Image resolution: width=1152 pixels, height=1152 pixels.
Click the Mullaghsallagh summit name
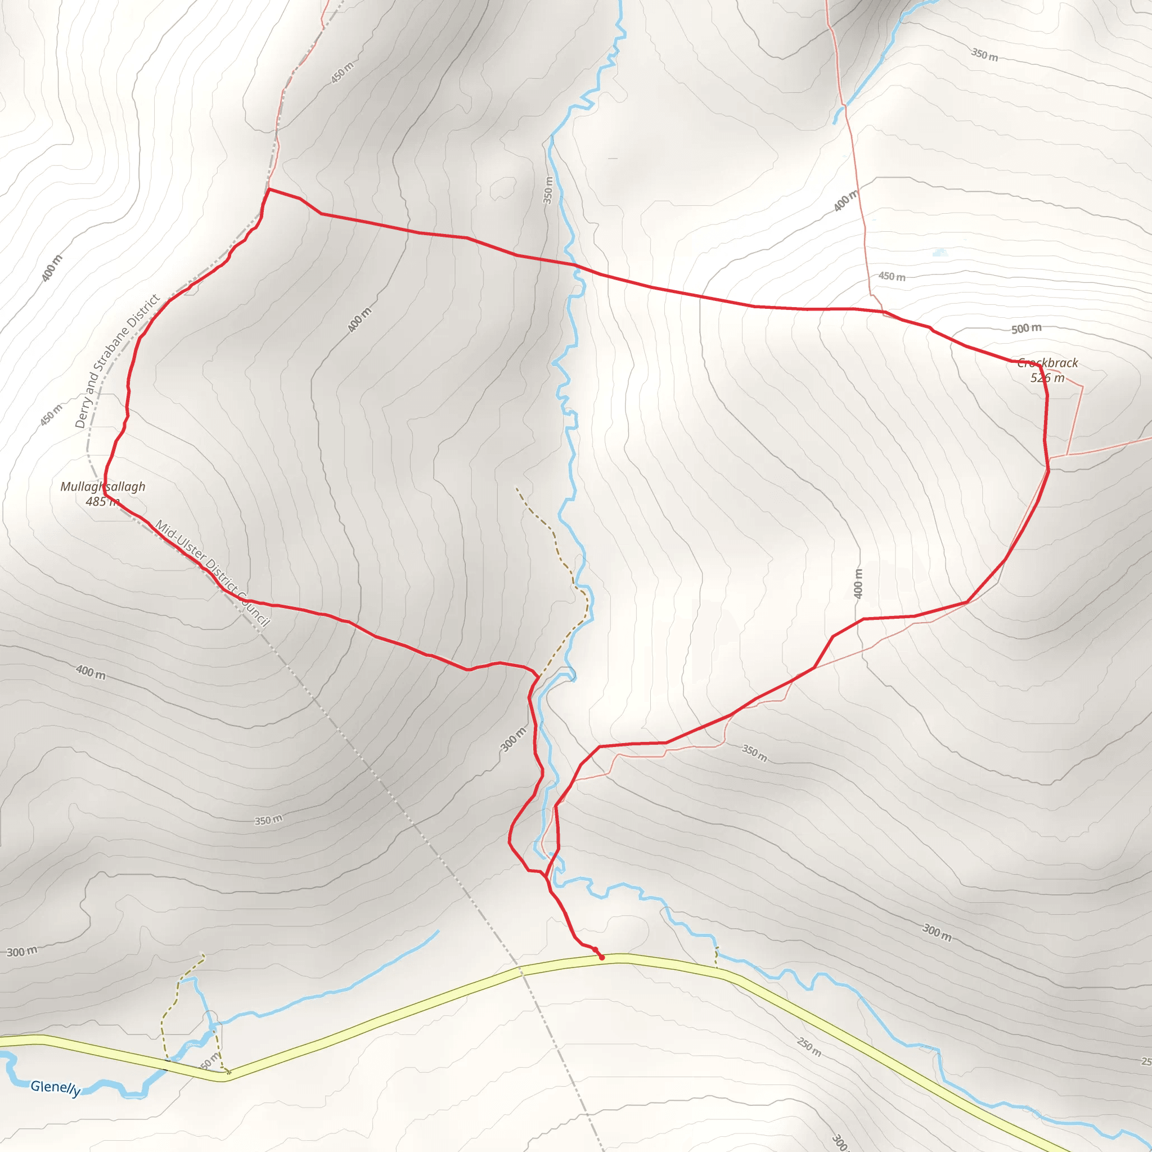point(102,487)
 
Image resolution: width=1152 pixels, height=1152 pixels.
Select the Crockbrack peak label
point(1047,363)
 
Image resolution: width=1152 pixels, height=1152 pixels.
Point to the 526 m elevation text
point(1047,377)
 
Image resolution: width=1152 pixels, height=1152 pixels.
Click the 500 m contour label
point(1026,328)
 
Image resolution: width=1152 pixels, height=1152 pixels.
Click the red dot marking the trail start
point(602,957)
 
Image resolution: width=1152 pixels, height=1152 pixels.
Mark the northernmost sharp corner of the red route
point(269,189)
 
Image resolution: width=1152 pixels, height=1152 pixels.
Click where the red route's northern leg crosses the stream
point(576,265)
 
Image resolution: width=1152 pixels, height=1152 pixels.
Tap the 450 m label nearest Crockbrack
point(892,276)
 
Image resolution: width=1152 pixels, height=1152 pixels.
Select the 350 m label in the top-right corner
point(984,55)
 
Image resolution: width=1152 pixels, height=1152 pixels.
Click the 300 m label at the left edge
point(22,952)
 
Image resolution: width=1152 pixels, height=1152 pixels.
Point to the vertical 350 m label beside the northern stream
point(548,190)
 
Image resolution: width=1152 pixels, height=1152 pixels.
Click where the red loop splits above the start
point(546,876)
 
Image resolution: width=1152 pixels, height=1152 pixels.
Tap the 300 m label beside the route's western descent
point(513,739)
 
